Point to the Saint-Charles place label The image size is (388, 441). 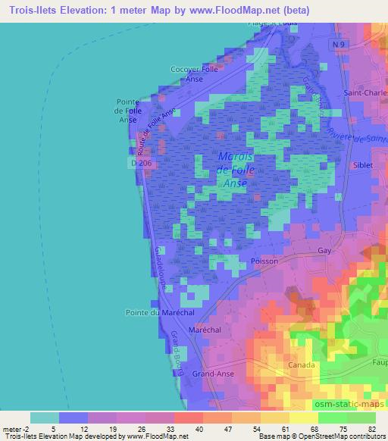click(x=366, y=95)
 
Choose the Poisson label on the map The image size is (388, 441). click(x=264, y=261)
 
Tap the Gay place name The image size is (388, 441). click(x=326, y=249)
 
